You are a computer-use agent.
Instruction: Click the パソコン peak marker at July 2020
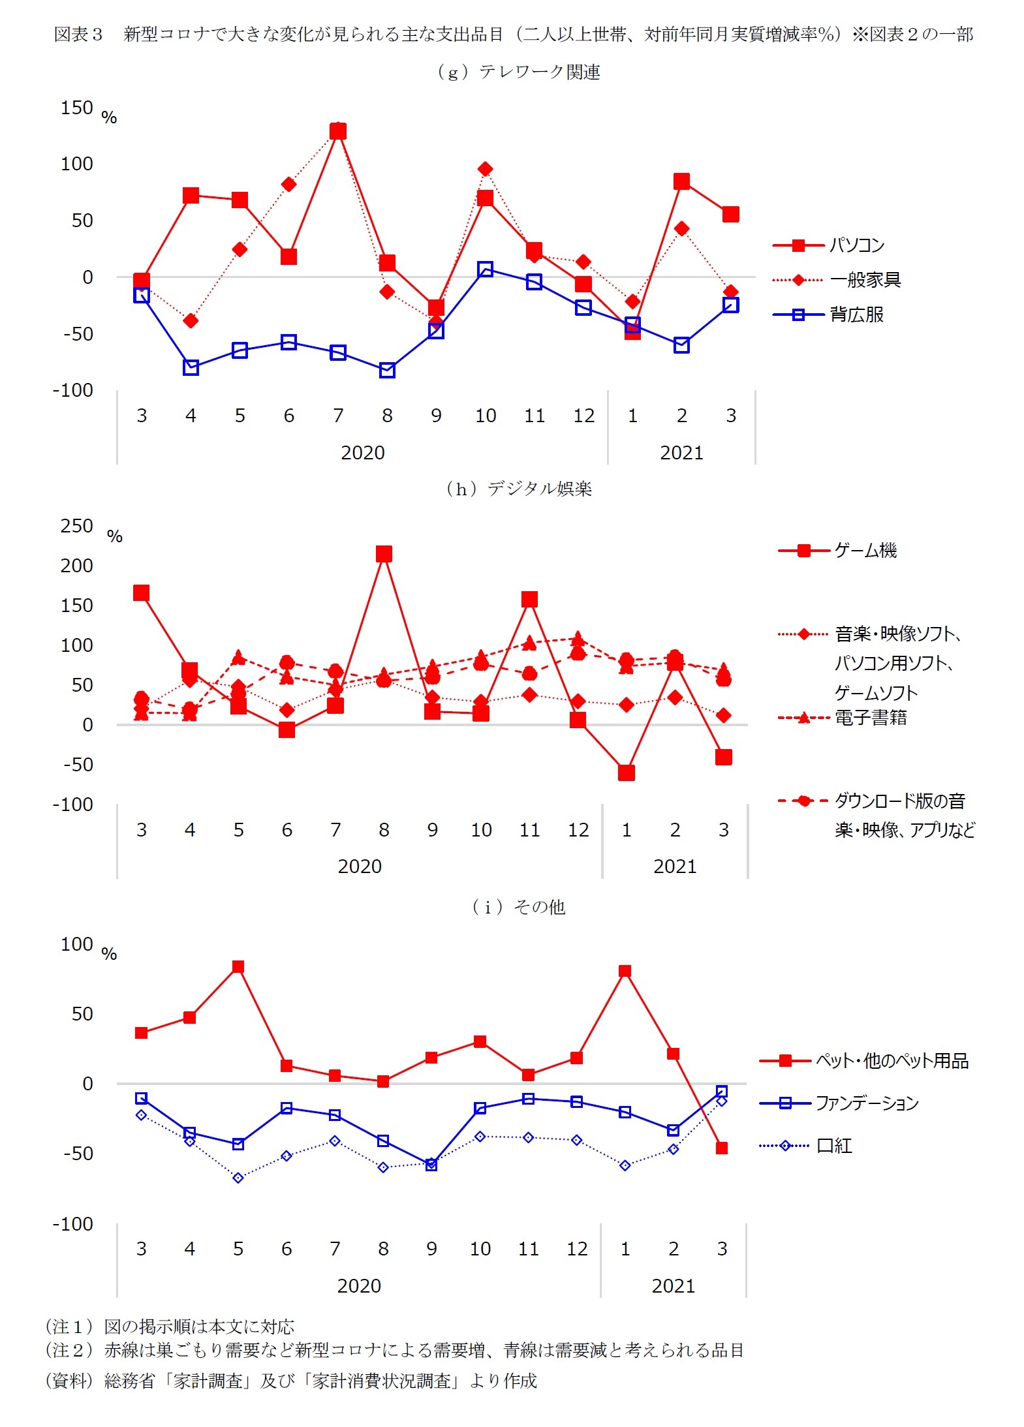(x=338, y=131)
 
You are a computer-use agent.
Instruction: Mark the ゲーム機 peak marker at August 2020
(x=384, y=554)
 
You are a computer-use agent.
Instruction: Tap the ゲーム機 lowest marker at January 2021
(x=627, y=773)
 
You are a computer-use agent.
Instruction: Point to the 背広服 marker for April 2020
(x=191, y=367)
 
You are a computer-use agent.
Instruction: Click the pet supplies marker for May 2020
(x=238, y=967)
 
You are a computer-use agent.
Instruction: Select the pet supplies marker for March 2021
(x=722, y=1148)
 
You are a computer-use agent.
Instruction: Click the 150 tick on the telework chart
(x=77, y=108)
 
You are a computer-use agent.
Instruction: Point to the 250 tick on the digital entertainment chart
(x=77, y=526)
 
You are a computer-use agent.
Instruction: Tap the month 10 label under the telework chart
(x=486, y=416)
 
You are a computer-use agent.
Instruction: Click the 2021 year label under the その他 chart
(x=674, y=1285)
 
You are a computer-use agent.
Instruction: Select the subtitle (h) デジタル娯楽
(x=519, y=489)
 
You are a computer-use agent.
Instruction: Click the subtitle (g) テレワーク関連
(x=519, y=72)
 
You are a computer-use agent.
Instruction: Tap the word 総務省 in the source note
(x=129, y=1380)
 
